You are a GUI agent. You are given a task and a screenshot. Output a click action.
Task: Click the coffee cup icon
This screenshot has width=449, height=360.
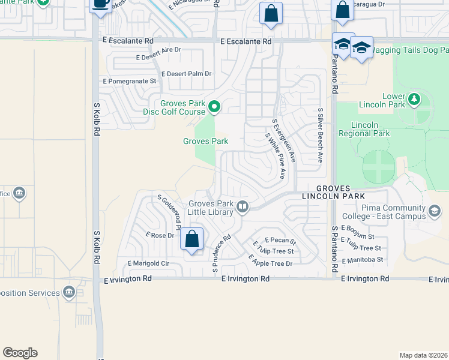click(100, 4)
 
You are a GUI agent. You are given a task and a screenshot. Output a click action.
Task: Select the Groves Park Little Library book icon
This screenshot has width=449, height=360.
click(243, 207)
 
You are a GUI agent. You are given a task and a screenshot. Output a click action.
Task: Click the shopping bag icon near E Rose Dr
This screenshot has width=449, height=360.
click(192, 239)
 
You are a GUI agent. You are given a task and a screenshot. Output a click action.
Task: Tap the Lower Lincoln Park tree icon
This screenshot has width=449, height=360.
click(414, 99)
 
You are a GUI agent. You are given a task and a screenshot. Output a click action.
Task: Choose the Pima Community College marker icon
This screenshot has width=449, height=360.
click(435, 211)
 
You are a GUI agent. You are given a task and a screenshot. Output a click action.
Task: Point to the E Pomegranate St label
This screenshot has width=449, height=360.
click(130, 80)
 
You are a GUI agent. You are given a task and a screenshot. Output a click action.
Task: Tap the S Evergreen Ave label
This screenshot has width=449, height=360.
click(284, 140)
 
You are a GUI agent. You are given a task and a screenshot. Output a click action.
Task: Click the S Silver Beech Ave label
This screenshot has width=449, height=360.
click(321, 136)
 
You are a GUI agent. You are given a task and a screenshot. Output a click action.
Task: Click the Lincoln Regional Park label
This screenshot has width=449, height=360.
click(364, 129)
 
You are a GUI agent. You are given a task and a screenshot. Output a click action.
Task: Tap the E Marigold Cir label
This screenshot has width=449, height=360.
click(149, 263)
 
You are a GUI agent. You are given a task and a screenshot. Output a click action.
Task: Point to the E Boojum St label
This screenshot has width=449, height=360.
click(357, 228)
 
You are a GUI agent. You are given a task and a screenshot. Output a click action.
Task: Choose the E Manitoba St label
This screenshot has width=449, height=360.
click(362, 260)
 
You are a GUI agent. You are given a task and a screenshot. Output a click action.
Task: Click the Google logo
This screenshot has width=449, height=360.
click(20, 353)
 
